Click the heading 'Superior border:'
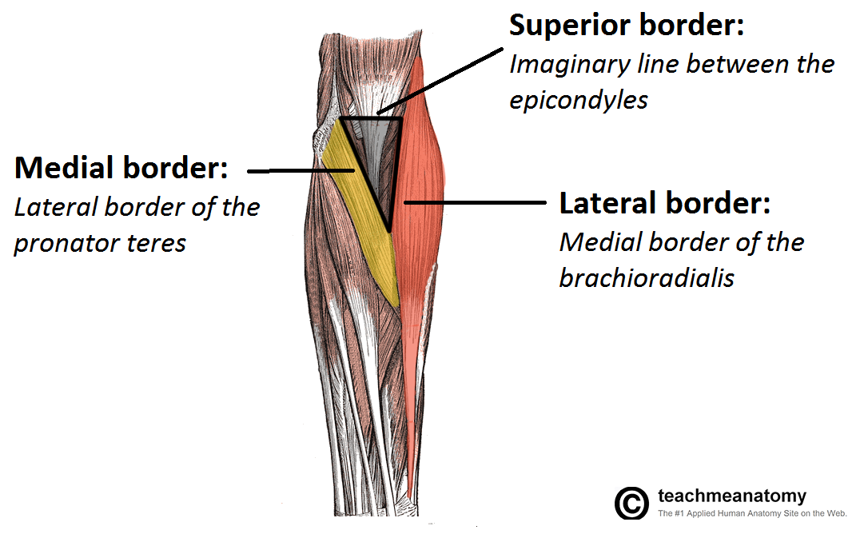point(627,26)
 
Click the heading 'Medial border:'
point(121,169)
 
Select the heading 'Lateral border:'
point(664,203)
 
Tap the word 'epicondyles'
point(579,102)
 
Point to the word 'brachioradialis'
point(647,279)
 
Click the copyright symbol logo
point(631,503)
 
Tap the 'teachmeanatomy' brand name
point(731,496)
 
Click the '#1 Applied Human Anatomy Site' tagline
point(751,514)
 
